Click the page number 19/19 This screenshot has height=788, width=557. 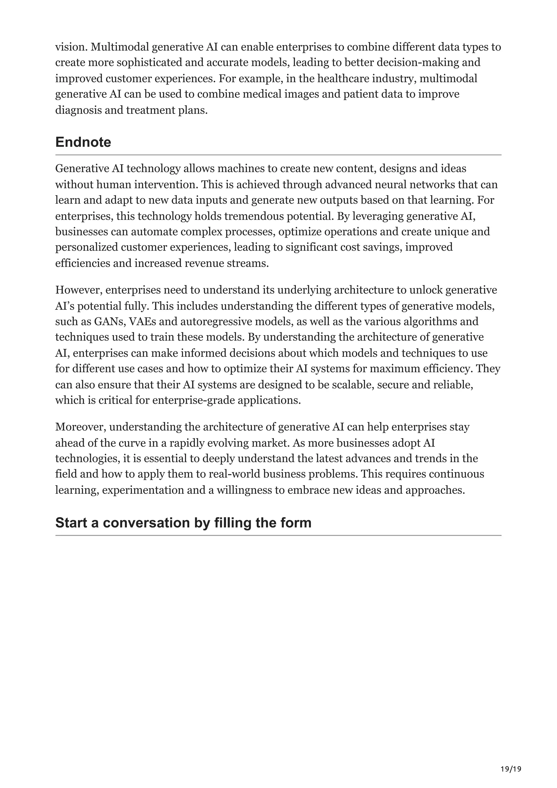tap(511, 759)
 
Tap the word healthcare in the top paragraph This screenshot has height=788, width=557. tap(343, 79)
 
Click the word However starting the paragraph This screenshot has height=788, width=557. tap(78, 290)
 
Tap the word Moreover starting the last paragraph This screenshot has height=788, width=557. tap(81, 427)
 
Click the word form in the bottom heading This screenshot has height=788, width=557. tap(297, 523)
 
